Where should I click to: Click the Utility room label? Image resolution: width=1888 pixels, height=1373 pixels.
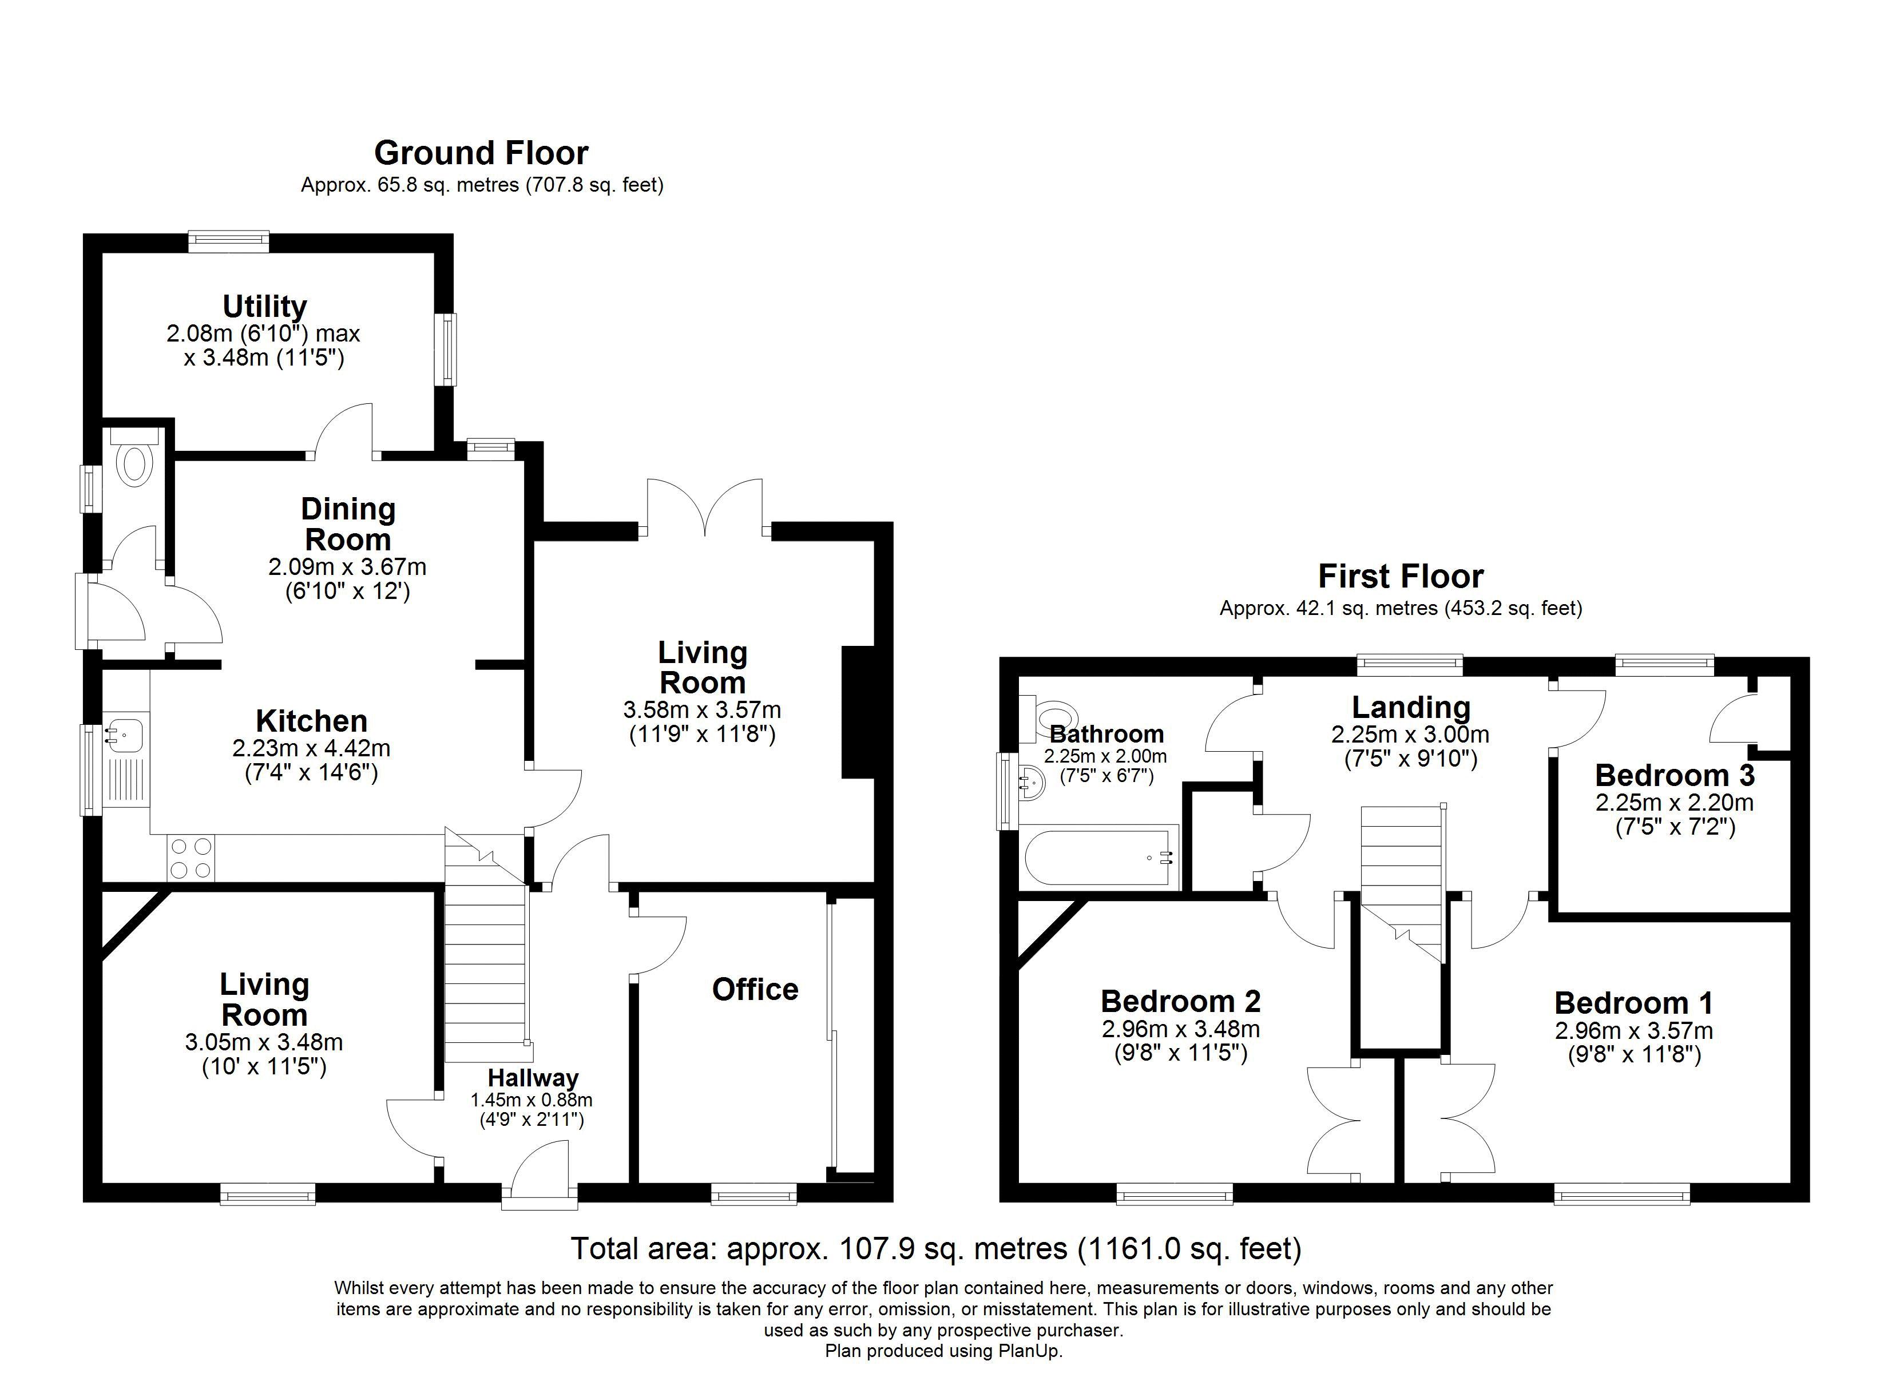tap(265, 307)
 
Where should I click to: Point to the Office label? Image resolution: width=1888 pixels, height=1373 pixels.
tap(755, 989)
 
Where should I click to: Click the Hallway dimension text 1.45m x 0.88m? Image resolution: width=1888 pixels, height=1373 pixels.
tap(532, 1099)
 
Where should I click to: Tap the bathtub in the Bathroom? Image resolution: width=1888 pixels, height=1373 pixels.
tap(1099, 858)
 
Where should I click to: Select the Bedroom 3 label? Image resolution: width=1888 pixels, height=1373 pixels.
tap(1674, 775)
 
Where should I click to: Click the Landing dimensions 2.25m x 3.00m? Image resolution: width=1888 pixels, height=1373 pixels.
tap(1410, 735)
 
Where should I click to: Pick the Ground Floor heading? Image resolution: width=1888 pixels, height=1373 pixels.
tap(481, 153)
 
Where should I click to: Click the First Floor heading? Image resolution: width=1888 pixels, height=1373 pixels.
tap(1401, 576)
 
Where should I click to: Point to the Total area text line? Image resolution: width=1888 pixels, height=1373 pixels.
tap(935, 1248)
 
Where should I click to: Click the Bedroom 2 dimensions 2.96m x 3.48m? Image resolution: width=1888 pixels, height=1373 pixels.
tap(1180, 1029)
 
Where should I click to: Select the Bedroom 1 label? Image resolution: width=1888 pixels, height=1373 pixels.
tap(1633, 1002)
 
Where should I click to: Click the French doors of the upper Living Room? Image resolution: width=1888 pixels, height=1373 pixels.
tap(705, 508)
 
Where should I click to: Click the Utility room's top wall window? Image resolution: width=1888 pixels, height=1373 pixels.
tap(228, 241)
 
